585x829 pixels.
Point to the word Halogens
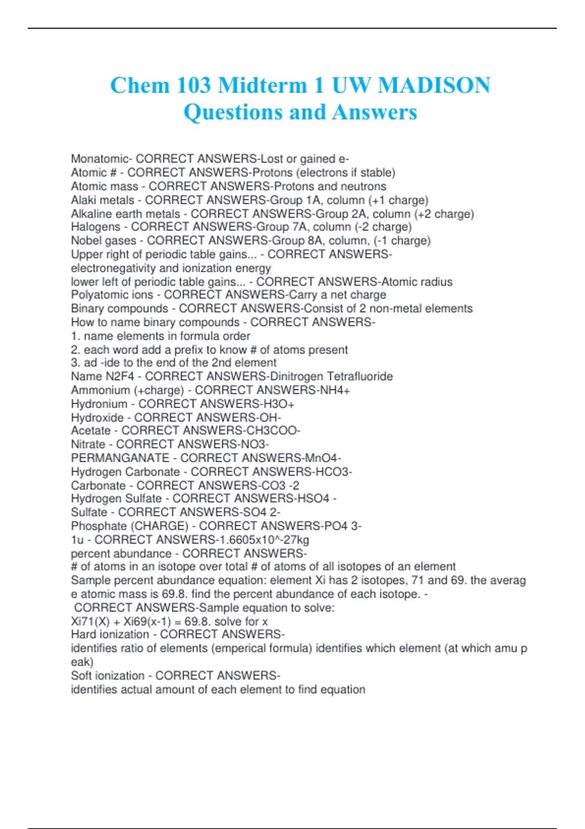pyautogui.click(x=96, y=227)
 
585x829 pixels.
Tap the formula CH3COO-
pyautogui.click(x=280, y=431)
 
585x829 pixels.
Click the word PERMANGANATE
pyautogui.click(x=120, y=458)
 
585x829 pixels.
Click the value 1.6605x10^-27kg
pyautogui.click(x=269, y=540)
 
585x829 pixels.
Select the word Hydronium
pyautogui.click(x=99, y=404)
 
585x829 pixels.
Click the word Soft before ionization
pyautogui.click(x=81, y=676)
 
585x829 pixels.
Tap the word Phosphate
pyautogui.click(x=98, y=526)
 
